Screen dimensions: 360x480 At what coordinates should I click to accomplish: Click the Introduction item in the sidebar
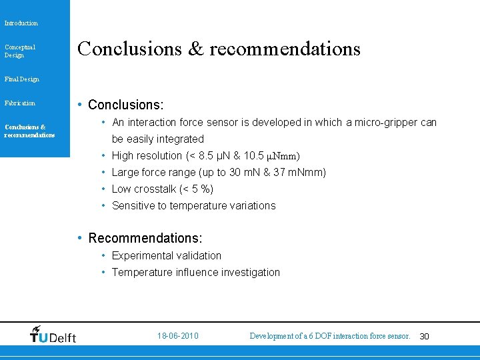tap(21, 23)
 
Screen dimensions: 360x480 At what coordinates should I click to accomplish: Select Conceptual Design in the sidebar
tap(20, 51)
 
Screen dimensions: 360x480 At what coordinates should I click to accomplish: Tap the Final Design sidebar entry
tap(22, 79)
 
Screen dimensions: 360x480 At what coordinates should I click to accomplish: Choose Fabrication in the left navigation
tap(20, 103)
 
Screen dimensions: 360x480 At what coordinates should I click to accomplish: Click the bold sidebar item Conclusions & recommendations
tap(29, 131)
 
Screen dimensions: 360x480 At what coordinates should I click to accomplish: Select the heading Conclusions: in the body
tap(125, 105)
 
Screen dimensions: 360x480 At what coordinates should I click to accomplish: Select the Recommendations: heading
tap(145, 239)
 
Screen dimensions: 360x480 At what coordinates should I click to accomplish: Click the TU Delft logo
tap(53, 335)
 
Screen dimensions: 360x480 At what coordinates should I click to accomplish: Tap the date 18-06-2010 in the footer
tap(178, 336)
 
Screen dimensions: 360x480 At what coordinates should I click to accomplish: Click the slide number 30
tap(424, 337)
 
